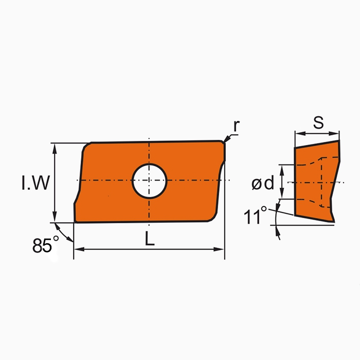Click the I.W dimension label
pos(35,183)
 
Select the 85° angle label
pos(43,246)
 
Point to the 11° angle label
pos(256,216)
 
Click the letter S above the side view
pos(318,123)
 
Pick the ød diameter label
pos(262,183)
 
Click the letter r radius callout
pos(236,125)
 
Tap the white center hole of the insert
pos(149,181)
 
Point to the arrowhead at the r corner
pos(226,139)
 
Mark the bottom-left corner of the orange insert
pos(76,221)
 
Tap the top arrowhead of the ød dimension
pos(281,168)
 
